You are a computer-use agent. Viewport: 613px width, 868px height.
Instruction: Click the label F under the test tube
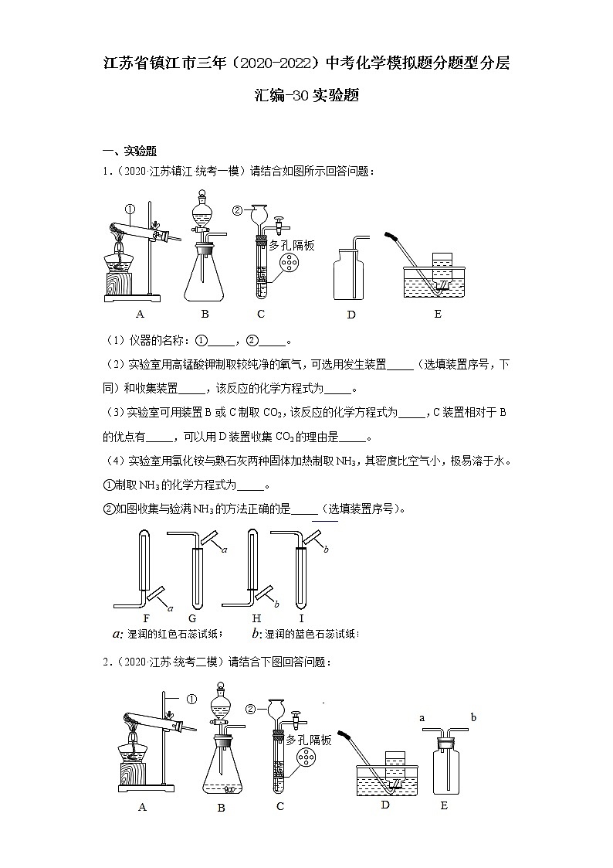[x=146, y=619]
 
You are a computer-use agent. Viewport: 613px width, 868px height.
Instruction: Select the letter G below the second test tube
[x=191, y=619]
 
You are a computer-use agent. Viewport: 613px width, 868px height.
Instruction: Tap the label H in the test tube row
[x=256, y=619]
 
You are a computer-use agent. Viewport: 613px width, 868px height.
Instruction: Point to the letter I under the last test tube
[x=301, y=619]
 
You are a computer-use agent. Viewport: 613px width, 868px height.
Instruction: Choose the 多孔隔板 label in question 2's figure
[x=309, y=740]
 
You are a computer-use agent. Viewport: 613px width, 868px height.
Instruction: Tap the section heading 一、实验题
[x=130, y=151]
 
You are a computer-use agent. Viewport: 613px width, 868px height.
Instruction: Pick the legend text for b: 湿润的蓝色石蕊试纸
[x=304, y=634]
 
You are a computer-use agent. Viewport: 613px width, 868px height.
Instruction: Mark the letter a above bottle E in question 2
[x=422, y=718]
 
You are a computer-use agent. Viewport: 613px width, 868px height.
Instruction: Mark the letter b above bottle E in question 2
[x=472, y=718]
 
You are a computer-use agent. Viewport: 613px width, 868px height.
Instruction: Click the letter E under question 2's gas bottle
[x=444, y=805]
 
